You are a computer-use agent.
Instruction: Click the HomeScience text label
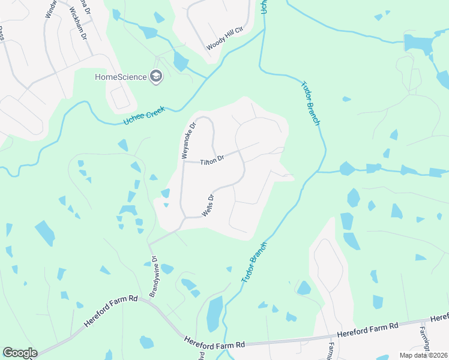pyautogui.click(x=120, y=77)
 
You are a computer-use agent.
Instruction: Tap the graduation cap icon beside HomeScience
pyautogui.click(x=156, y=76)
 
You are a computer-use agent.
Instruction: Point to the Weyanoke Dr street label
pyautogui.click(x=188, y=140)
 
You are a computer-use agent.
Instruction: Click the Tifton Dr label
pyautogui.click(x=211, y=160)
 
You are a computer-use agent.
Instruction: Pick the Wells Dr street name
pyautogui.click(x=208, y=205)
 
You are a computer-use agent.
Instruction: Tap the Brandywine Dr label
pyautogui.click(x=153, y=277)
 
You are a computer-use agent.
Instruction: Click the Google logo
pyautogui.click(x=20, y=353)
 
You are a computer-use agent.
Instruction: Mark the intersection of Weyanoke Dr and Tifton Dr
pyautogui.click(x=183, y=161)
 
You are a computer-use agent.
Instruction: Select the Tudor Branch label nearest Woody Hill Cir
pyautogui.click(x=309, y=104)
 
